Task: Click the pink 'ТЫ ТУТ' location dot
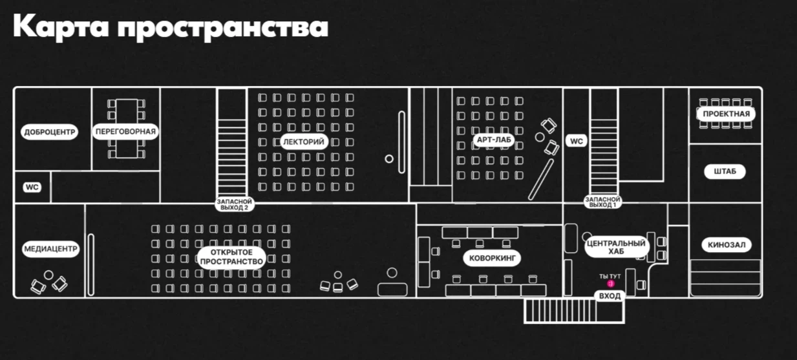pyautogui.click(x=610, y=283)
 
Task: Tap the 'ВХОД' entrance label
pyautogui.click(x=610, y=296)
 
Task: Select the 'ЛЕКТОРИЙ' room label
pyautogui.click(x=304, y=142)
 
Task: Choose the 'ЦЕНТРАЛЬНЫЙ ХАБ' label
pyautogui.click(x=616, y=248)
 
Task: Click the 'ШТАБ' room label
pyautogui.click(x=725, y=172)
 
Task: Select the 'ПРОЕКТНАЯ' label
pyautogui.click(x=727, y=114)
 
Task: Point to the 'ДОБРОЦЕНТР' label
pyautogui.click(x=50, y=132)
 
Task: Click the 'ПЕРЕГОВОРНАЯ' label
pyautogui.click(x=125, y=132)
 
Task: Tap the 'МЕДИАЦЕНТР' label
pyautogui.click(x=50, y=248)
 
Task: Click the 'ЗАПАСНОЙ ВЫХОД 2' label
pyautogui.click(x=234, y=204)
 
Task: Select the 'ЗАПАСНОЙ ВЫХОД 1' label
pyautogui.click(x=602, y=203)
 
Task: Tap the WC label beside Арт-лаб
pyautogui.click(x=577, y=141)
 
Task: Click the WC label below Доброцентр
pyautogui.click(x=32, y=187)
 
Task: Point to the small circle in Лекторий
pyautogui.click(x=389, y=158)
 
